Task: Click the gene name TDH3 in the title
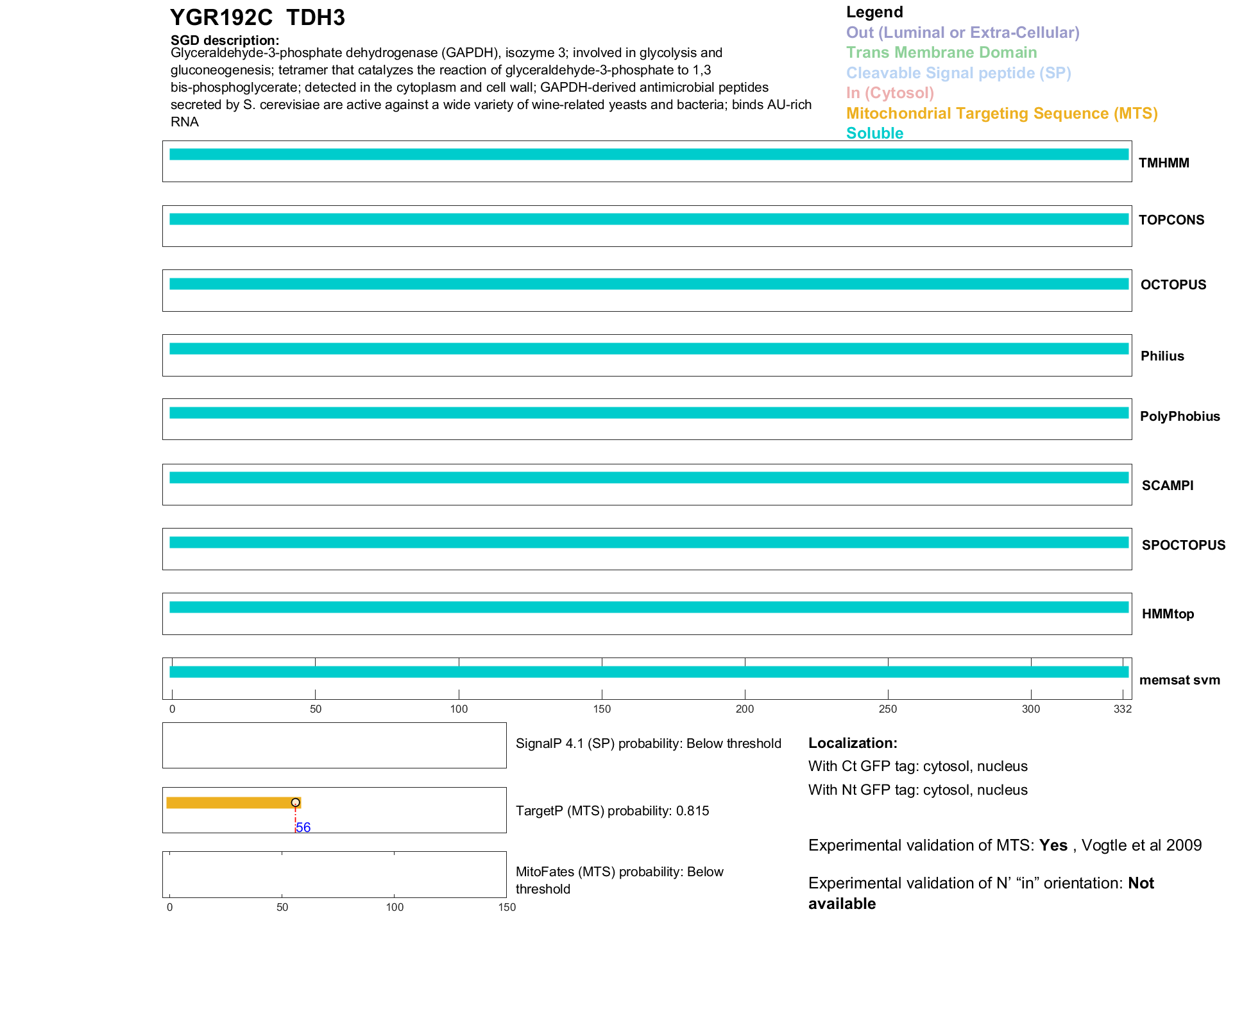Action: [315, 18]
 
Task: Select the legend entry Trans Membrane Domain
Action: [941, 53]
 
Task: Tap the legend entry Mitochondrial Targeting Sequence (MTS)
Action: [1001, 114]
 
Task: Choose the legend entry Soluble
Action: [874, 133]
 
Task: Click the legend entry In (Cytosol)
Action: [890, 93]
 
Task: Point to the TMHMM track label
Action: [1164, 163]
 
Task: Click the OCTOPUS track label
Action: [1173, 285]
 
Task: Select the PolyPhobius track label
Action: [1179, 416]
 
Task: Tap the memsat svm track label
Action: [1179, 680]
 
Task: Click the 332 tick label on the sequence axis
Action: [1123, 709]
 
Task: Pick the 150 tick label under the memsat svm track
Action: [602, 709]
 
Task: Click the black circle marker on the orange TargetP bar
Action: [295, 802]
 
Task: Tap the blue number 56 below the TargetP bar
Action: [303, 827]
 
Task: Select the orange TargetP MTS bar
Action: [231, 802]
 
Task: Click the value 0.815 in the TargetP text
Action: [692, 811]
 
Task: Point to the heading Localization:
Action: [853, 743]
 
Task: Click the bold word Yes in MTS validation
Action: [1053, 845]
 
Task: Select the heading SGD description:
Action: [225, 40]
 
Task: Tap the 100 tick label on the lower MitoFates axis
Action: [395, 907]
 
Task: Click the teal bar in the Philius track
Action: [648, 349]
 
